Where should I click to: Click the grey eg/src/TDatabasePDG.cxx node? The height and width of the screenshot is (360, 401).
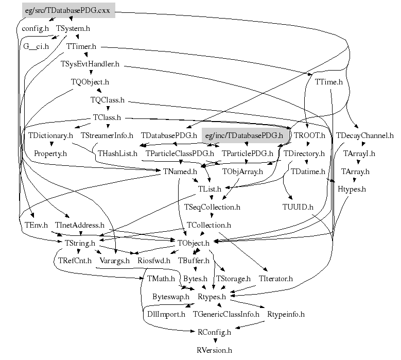pyautogui.click(x=69, y=10)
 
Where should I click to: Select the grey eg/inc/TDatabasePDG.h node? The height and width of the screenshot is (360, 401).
pyautogui.click(x=243, y=135)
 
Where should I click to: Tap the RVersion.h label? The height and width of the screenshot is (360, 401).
pyautogui.click(x=215, y=350)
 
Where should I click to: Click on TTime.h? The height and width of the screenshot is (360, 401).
pyautogui.click(x=328, y=81)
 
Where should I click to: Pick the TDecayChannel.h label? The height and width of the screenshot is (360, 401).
pyautogui.click(x=364, y=135)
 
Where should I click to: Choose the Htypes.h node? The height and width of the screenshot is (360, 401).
pyautogui.click(x=352, y=190)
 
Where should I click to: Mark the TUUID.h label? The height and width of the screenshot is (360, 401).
pyautogui.click(x=298, y=208)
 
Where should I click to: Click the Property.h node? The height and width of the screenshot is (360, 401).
pyautogui.click(x=50, y=153)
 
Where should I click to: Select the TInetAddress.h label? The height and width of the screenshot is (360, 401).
pyautogui.click(x=80, y=225)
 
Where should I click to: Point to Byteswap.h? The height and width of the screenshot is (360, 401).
pyautogui.click(x=171, y=297)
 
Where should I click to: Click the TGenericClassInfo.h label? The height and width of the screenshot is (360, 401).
pyautogui.click(x=226, y=314)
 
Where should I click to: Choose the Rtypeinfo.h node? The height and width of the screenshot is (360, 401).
pyautogui.click(x=286, y=314)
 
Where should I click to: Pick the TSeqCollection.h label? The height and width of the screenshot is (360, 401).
pyautogui.click(x=212, y=207)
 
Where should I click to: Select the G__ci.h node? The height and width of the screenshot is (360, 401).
pyautogui.click(x=36, y=46)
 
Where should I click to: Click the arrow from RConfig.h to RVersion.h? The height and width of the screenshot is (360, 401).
pyautogui.click(x=215, y=341)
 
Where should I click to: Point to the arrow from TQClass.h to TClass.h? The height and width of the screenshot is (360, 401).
pyautogui.click(x=107, y=108)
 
